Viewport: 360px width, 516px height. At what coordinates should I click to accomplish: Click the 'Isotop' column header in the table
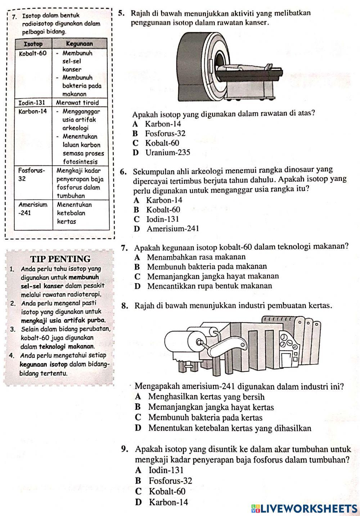33,44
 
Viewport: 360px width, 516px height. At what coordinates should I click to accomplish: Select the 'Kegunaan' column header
80,44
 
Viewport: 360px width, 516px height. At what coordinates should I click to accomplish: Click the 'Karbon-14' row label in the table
32,111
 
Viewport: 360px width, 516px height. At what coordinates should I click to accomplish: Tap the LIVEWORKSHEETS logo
304,508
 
